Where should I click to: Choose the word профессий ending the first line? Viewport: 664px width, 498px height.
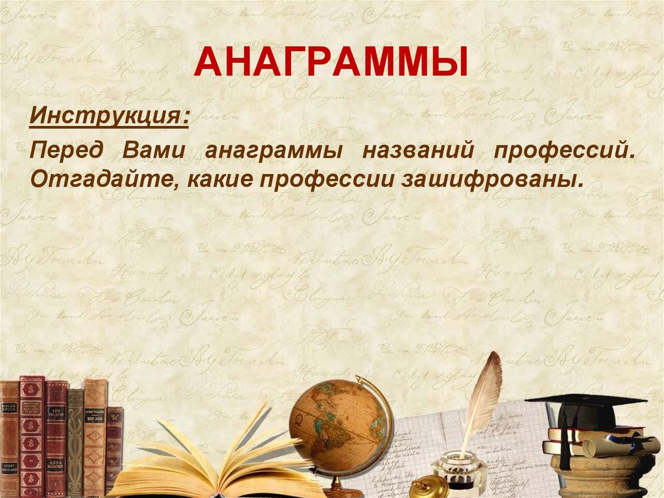click(x=563, y=151)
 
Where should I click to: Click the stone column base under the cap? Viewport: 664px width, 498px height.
click(x=603, y=477)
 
